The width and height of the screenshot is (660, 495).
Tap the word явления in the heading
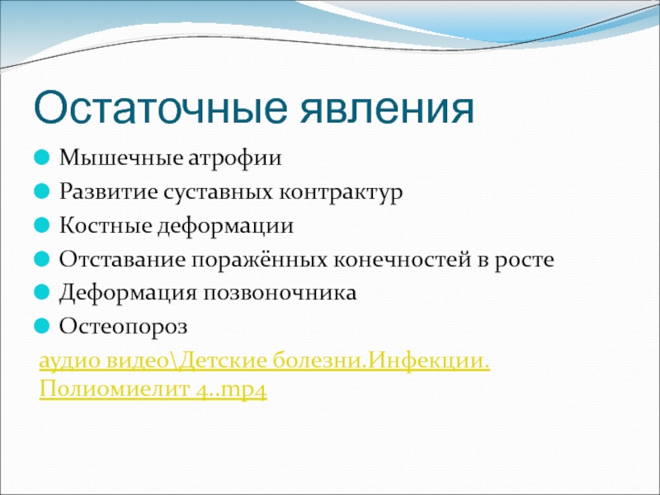click(387, 110)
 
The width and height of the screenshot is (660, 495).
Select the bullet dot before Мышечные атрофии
click(42, 158)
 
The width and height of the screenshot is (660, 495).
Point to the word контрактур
click(341, 193)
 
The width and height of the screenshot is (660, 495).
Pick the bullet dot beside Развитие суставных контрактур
click(42, 192)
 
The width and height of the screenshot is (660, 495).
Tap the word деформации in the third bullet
click(225, 226)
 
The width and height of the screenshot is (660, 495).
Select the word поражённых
click(260, 260)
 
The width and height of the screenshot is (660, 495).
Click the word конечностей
click(403, 260)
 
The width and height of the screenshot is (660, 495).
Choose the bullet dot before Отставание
click(42, 259)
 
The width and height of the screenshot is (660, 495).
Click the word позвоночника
click(280, 294)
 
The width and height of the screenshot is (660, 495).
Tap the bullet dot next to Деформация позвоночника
click(42, 293)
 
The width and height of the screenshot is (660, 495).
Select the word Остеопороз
click(123, 327)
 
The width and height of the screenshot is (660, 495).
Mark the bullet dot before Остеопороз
click(42, 326)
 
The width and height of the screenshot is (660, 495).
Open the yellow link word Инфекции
click(430, 361)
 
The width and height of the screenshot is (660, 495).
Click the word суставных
click(218, 193)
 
